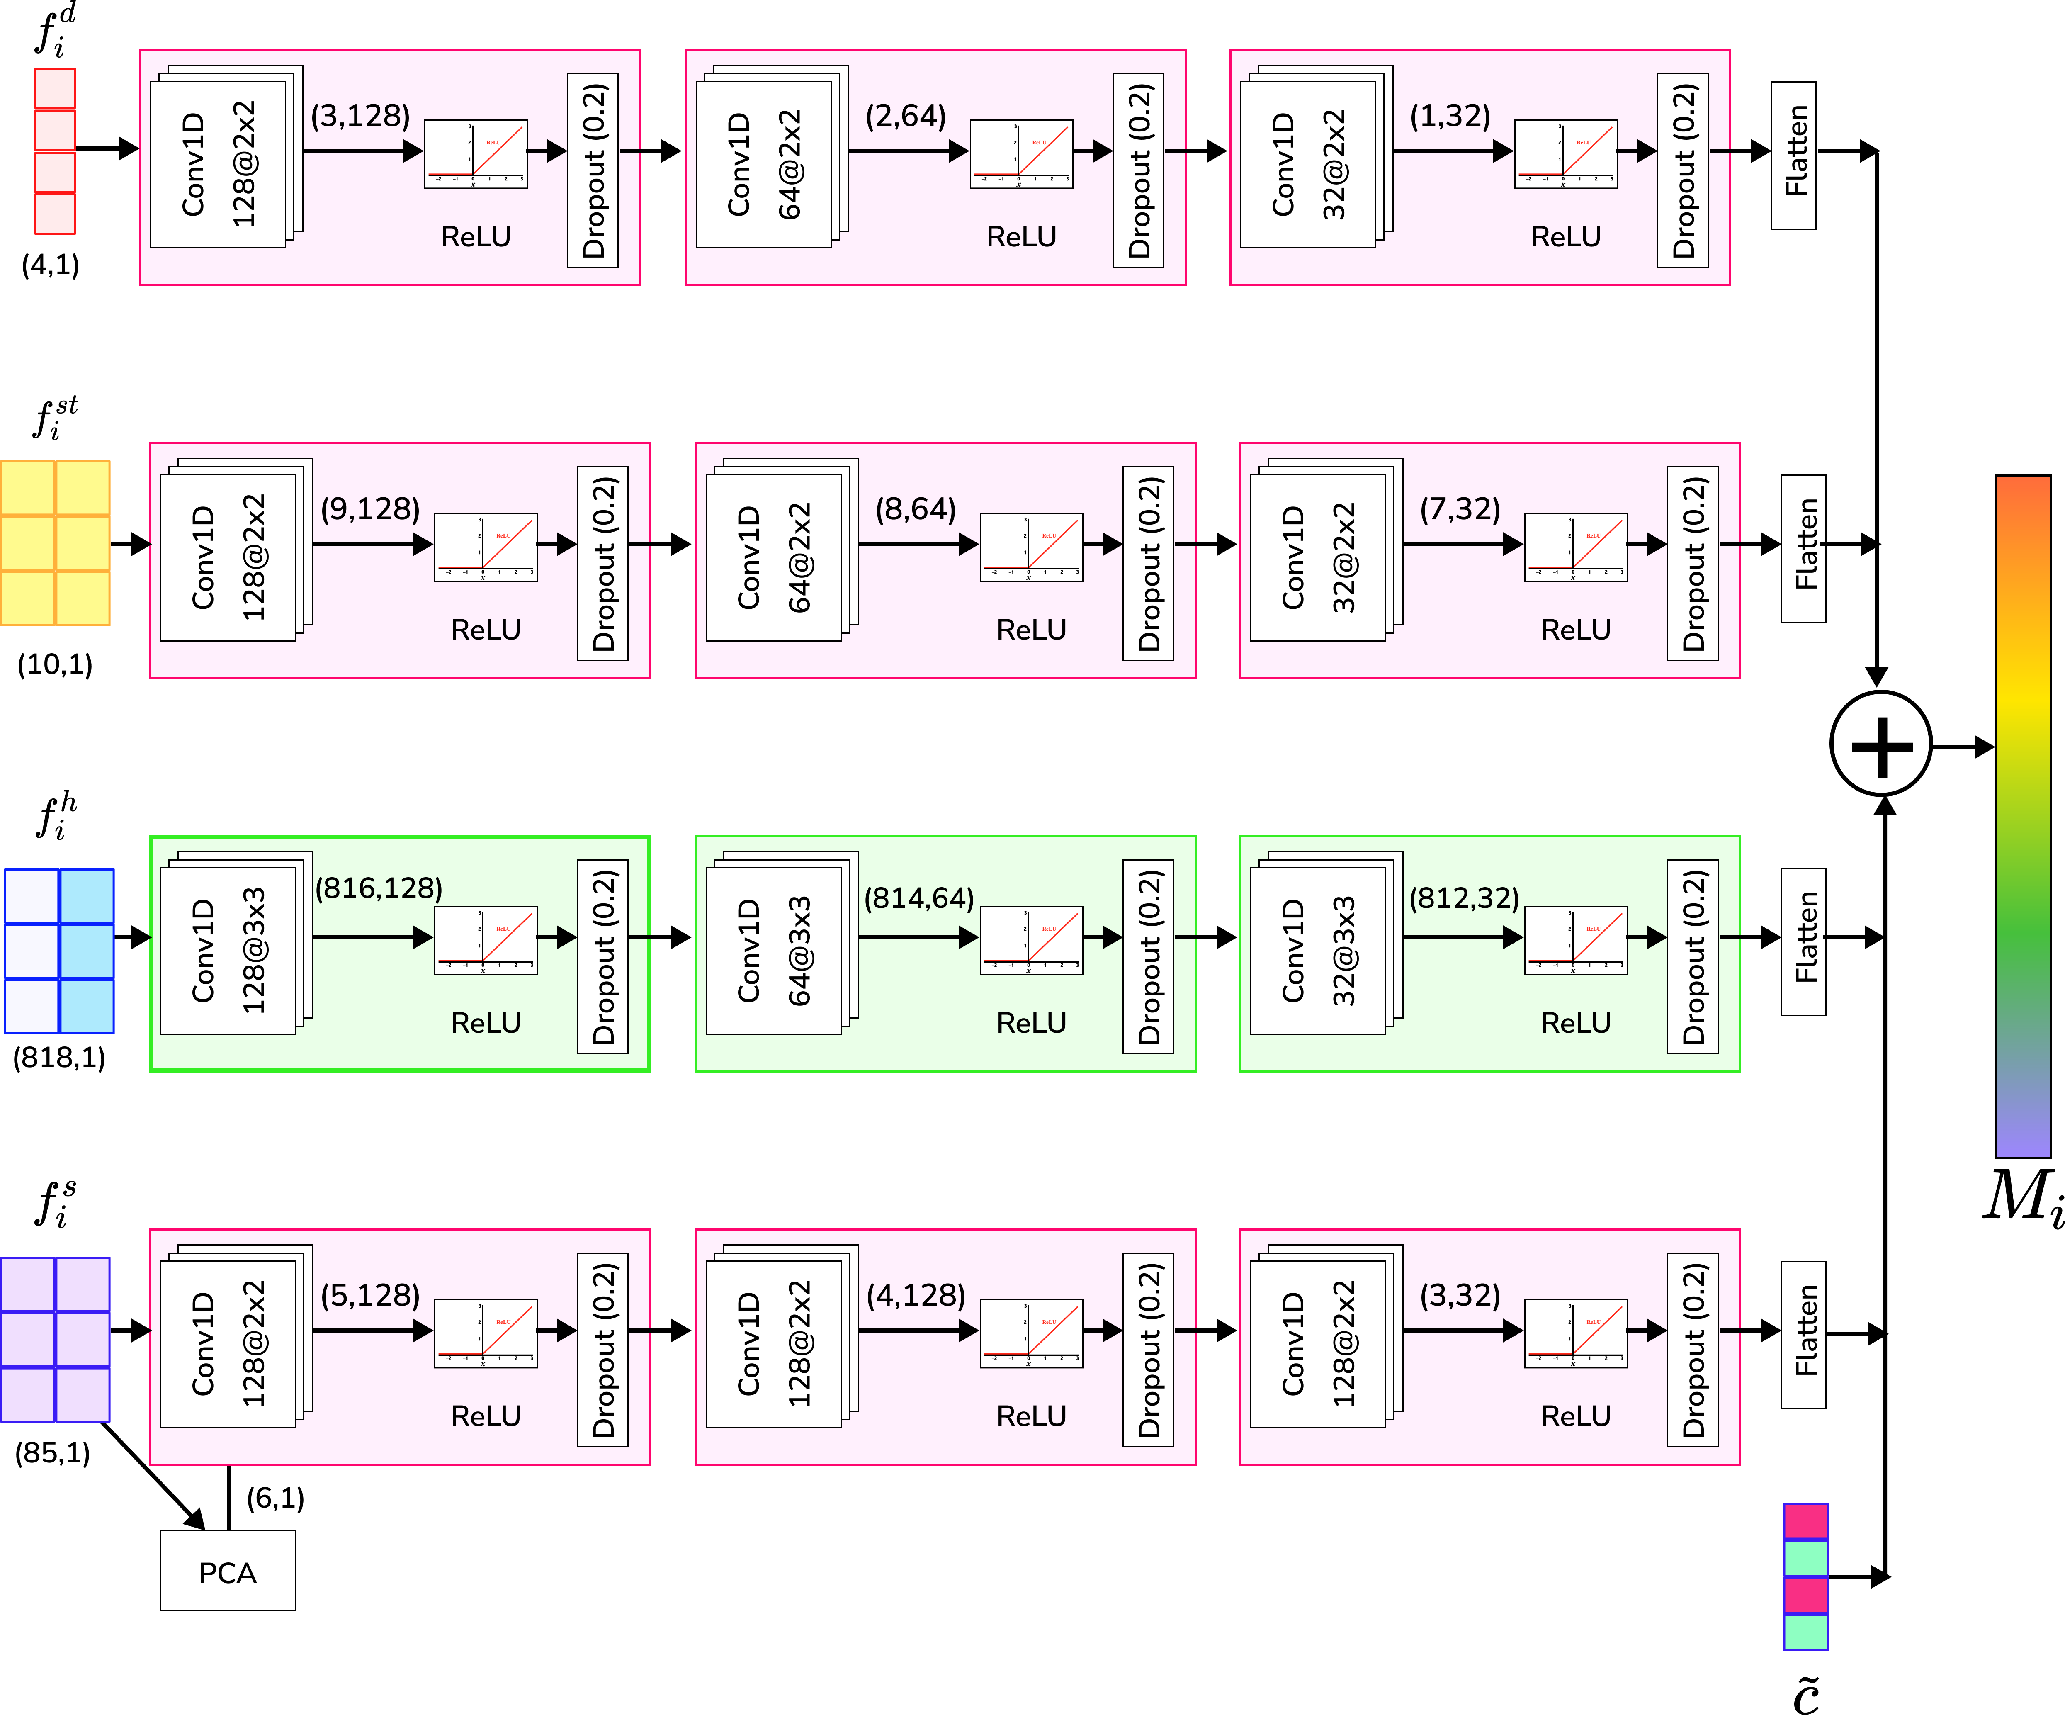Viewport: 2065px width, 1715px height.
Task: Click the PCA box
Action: tap(227, 1570)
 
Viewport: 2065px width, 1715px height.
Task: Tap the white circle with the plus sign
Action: tap(1881, 743)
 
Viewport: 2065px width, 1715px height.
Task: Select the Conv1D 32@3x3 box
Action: tap(1318, 950)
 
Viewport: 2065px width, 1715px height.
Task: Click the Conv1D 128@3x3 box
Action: tap(228, 950)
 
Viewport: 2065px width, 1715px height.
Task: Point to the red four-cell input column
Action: tap(55, 151)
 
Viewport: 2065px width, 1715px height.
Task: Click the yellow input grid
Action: tap(55, 543)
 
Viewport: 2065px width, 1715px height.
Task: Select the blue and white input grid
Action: tap(59, 951)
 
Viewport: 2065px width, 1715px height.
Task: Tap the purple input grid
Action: tap(55, 1339)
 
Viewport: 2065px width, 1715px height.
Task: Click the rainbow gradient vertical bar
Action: tap(2023, 816)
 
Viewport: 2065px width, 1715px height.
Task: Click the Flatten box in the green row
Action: tap(1803, 941)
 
